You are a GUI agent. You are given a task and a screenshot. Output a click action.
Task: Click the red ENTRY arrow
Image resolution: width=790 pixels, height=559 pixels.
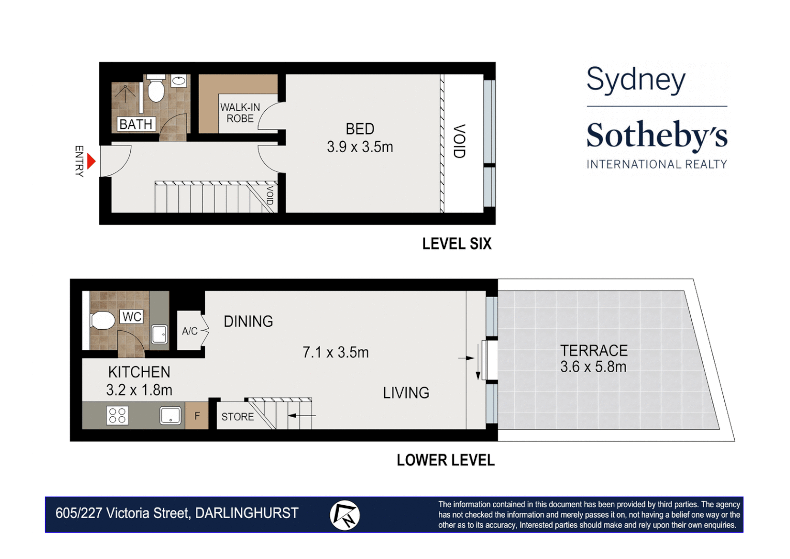(x=92, y=161)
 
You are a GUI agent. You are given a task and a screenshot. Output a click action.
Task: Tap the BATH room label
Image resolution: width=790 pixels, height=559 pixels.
(x=135, y=124)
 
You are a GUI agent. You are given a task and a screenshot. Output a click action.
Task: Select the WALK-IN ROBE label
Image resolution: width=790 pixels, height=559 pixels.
(x=240, y=113)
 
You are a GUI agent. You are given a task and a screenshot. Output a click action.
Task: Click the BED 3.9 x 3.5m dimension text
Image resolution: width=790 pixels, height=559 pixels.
(x=360, y=147)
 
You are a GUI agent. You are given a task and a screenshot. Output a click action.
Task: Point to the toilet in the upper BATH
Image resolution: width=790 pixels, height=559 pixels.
(x=156, y=90)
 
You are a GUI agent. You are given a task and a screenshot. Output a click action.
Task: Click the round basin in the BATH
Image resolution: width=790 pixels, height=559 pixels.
(x=179, y=80)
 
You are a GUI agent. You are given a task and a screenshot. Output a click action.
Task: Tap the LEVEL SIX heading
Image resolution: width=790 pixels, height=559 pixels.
(x=457, y=244)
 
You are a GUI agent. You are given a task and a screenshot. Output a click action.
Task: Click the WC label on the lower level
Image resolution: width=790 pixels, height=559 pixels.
(x=132, y=317)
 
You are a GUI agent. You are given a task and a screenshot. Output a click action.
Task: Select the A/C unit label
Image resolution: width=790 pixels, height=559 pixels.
(x=190, y=331)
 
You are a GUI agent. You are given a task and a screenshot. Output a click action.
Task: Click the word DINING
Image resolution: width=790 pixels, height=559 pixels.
(x=248, y=321)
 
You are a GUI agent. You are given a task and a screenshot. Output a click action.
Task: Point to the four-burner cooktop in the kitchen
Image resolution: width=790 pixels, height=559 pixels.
(x=117, y=416)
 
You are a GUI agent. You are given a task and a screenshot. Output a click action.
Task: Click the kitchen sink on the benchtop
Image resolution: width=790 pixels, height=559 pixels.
(x=170, y=415)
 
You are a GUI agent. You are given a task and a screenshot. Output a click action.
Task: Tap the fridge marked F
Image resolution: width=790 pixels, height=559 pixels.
(x=197, y=416)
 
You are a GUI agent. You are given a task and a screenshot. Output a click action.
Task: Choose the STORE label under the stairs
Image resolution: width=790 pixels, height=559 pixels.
(x=237, y=417)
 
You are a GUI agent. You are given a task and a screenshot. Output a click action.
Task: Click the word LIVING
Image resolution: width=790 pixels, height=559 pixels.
(x=406, y=393)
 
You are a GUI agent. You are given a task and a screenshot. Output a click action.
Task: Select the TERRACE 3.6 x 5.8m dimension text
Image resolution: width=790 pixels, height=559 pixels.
(x=593, y=367)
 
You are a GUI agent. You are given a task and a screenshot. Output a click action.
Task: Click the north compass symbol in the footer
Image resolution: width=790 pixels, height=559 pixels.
(x=345, y=515)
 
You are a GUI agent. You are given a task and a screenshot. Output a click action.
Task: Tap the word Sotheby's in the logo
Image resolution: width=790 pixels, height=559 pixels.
(x=657, y=136)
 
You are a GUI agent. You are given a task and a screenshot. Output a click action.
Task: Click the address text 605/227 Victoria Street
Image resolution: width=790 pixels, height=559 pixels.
(x=123, y=513)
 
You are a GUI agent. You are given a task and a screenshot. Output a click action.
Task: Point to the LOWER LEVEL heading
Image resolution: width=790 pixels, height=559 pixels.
(x=445, y=460)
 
